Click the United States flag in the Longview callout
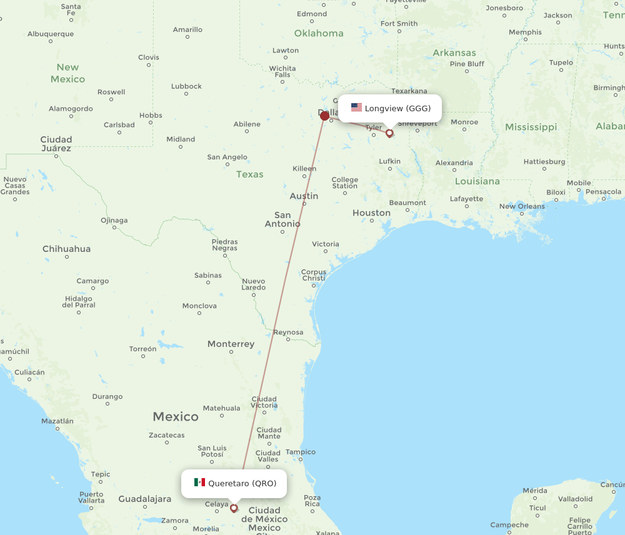(x=356, y=107)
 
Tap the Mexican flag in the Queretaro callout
(x=199, y=482)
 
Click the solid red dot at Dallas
(x=324, y=116)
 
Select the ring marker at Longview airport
(x=389, y=132)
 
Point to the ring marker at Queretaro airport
(x=234, y=508)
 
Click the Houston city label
(x=371, y=212)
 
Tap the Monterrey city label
(x=231, y=344)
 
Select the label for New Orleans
(x=522, y=206)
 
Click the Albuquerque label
(x=51, y=34)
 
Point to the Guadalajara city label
(x=145, y=499)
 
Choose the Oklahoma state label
(x=319, y=33)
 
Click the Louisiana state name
(x=477, y=181)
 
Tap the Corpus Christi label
(x=314, y=275)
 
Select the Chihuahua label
(x=66, y=249)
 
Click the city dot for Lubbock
(x=186, y=94)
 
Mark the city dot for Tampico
(x=301, y=460)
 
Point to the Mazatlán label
(x=57, y=421)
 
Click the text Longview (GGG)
(x=397, y=108)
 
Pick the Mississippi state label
(x=531, y=127)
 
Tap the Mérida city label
(x=535, y=491)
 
